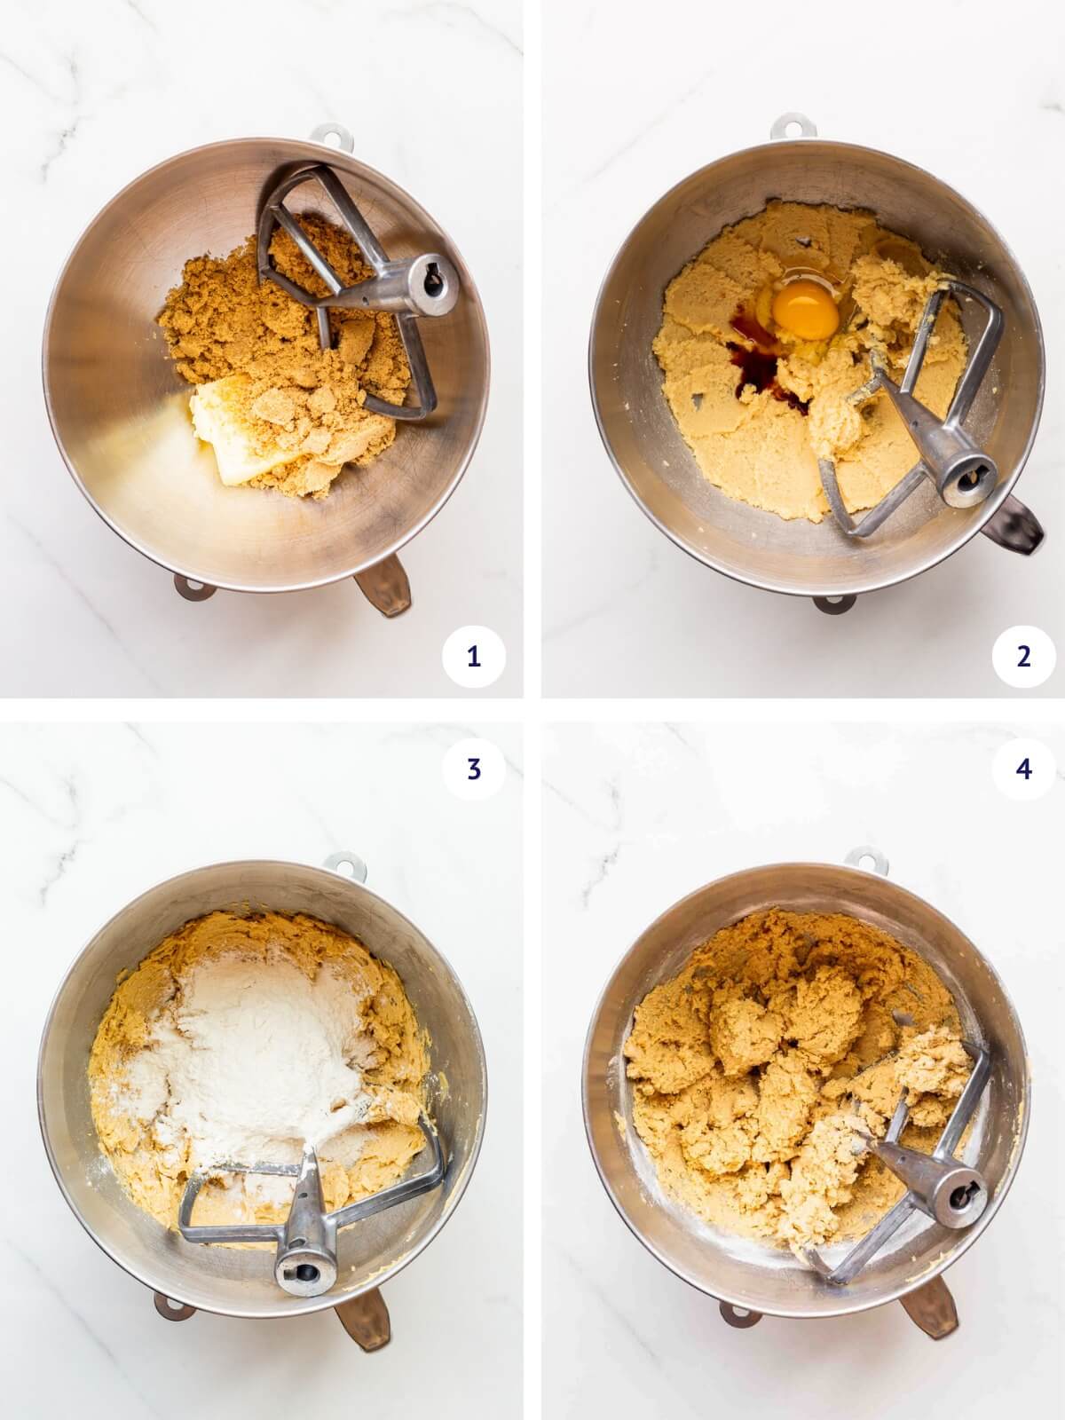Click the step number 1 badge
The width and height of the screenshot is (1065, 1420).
click(473, 657)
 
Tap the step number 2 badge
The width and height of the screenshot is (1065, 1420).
click(1023, 657)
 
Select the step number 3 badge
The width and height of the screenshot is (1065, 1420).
click(473, 769)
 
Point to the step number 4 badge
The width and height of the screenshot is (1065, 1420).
click(1023, 769)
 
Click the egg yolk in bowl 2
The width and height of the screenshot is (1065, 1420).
click(805, 312)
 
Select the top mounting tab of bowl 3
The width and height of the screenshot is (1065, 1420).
click(338, 861)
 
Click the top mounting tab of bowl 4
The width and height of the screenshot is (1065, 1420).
click(859, 857)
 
